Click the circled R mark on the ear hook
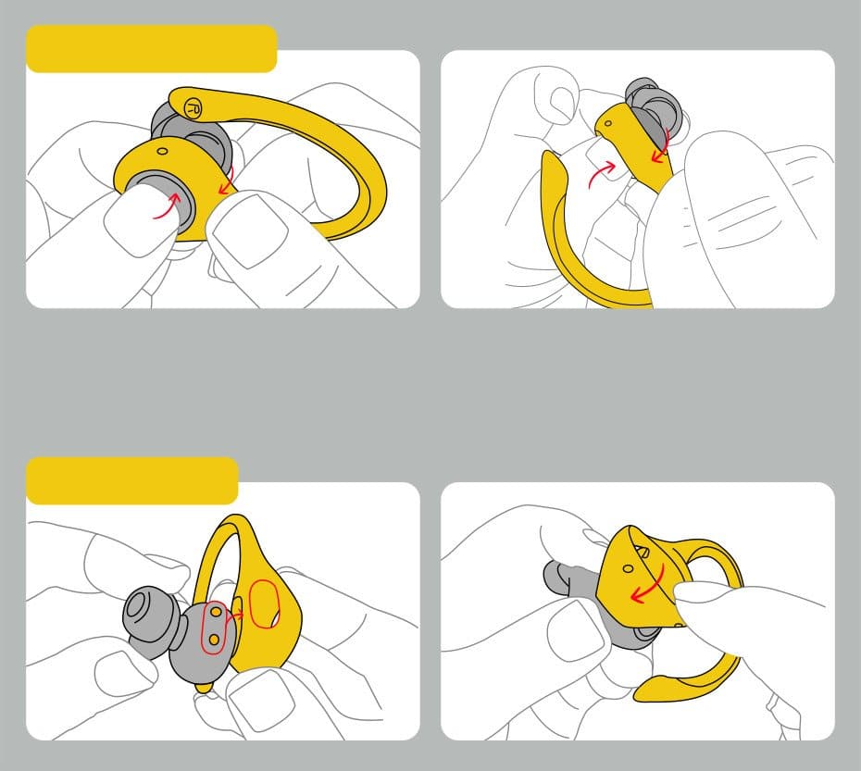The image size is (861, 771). [x=193, y=107]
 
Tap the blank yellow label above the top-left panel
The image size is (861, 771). [x=152, y=48]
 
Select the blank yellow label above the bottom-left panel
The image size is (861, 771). [x=132, y=480]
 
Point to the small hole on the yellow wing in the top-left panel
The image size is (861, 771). [x=163, y=151]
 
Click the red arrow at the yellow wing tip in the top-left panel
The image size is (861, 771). [x=226, y=180]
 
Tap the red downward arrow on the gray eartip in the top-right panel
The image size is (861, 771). [x=661, y=145]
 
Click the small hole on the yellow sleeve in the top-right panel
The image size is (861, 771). [x=608, y=123]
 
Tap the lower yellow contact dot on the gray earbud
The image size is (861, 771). [x=214, y=639]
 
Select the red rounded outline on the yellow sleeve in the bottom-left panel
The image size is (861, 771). [x=265, y=604]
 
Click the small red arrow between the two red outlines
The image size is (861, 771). [x=235, y=616]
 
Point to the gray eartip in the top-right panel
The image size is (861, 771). [x=655, y=107]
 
